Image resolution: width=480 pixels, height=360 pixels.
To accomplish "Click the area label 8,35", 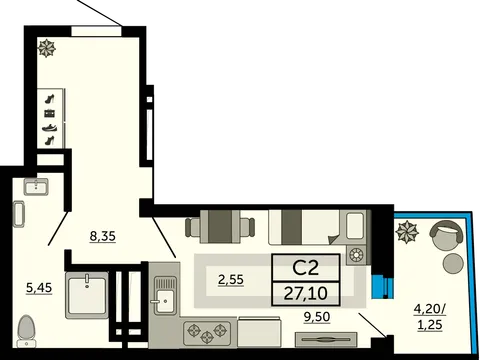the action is click(x=103, y=236).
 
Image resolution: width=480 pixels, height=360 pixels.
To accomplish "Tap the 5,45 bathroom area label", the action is click(x=39, y=287).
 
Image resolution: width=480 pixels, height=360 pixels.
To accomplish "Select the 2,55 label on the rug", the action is click(x=231, y=279).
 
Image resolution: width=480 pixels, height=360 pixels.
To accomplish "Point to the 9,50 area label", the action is click(x=317, y=317).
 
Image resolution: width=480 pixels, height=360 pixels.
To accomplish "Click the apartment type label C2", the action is click(x=306, y=268).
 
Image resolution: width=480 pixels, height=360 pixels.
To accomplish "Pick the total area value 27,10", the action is click(x=306, y=294).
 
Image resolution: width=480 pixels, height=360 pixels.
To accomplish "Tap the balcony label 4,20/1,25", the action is click(x=430, y=317).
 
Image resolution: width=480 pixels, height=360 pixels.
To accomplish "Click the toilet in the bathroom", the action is click(x=26, y=332).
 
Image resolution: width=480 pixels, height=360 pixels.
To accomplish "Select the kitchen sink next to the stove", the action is click(x=165, y=295).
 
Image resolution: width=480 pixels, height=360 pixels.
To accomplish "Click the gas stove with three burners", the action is click(x=207, y=332).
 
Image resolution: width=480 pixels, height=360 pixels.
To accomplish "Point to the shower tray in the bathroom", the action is click(x=87, y=295).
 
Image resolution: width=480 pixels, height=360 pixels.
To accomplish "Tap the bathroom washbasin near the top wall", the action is click(x=36, y=186).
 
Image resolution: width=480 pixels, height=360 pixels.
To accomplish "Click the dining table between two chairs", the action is click(x=221, y=227).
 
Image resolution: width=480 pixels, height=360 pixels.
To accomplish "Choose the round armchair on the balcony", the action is click(x=447, y=234).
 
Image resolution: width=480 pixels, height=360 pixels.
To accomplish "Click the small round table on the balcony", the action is click(x=453, y=263).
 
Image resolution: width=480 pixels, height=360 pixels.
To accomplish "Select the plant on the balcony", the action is click(x=407, y=231).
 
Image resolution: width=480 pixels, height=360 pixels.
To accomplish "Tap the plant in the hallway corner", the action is click(x=46, y=48).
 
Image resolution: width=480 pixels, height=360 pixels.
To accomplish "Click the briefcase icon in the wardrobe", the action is click(x=50, y=114).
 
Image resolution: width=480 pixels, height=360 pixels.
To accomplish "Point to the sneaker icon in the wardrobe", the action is click(x=50, y=127).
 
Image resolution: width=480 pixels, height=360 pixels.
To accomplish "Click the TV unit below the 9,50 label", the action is click(x=326, y=340).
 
